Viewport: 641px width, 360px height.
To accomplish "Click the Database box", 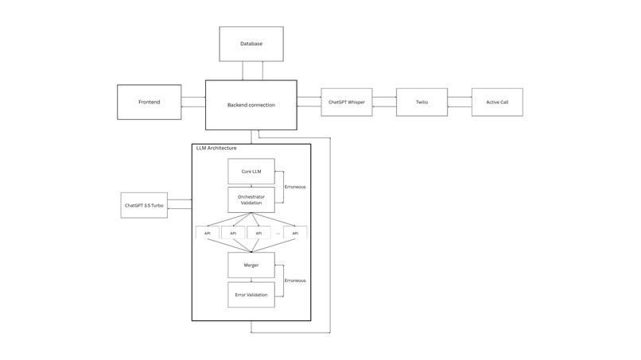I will pyautogui.click(x=251, y=43).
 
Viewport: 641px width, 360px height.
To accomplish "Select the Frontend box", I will pyautogui.click(x=149, y=103).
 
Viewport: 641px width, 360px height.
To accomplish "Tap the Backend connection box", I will pyautogui.click(x=251, y=104).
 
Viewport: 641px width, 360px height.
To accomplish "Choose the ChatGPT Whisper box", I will pyautogui.click(x=347, y=103).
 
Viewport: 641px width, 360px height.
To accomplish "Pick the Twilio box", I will pyautogui.click(x=422, y=103).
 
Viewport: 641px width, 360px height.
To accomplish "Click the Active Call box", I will pyautogui.click(x=497, y=103).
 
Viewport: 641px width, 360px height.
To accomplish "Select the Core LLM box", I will pyautogui.click(x=251, y=171).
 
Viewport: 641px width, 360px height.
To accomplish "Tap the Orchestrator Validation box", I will pyautogui.click(x=251, y=199).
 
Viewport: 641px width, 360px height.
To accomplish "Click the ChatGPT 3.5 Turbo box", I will pyautogui.click(x=144, y=205).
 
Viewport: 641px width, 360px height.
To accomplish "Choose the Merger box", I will pyautogui.click(x=251, y=265).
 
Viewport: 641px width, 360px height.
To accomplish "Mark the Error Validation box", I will pyautogui.click(x=251, y=295).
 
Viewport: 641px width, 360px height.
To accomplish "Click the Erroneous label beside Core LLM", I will pyautogui.click(x=295, y=187).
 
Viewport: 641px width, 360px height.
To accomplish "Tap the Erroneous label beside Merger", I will pyautogui.click(x=295, y=281).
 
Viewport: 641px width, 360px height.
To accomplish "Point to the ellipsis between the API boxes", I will pyautogui.click(x=278, y=233).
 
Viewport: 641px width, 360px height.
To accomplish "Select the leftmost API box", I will pyautogui.click(x=207, y=233).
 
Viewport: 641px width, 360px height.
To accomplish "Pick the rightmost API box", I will pyautogui.click(x=296, y=233).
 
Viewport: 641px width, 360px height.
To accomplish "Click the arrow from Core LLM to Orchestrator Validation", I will pyautogui.click(x=251, y=185).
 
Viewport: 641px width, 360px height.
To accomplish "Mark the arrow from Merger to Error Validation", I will pyautogui.click(x=251, y=279).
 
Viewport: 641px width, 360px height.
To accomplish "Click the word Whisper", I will pyautogui.click(x=355, y=103).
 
